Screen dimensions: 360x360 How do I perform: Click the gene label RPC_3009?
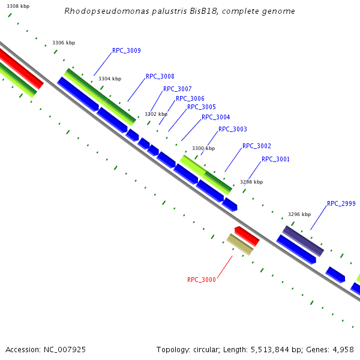click(126, 51)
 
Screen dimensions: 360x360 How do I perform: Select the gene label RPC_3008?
click(160, 77)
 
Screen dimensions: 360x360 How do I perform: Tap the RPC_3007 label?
click(177, 89)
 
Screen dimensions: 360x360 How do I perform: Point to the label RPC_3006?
click(190, 98)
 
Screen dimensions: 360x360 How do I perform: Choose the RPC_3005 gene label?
click(201, 107)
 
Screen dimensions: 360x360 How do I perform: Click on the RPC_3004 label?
click(215, 118)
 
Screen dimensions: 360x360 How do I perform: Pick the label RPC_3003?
click(232, 130)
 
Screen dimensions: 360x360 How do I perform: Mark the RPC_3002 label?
click(256, 146)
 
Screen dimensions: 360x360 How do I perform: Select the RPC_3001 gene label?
click(275, 160)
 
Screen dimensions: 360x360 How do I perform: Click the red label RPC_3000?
click(201, 280)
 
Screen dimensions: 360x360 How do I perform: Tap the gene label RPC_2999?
click(341, 204)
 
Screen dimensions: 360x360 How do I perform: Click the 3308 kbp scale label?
click(17, 6)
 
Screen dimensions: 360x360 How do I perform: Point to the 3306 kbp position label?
click(64, 43)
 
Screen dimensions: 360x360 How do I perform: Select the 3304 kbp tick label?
click(110, 79)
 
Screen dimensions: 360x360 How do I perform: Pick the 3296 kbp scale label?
click(299, 214)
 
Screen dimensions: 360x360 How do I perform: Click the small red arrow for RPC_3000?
click(247, 236)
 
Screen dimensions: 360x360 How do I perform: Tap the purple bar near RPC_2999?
click(303, 241)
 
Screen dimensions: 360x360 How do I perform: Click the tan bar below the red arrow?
click(239, 245)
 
